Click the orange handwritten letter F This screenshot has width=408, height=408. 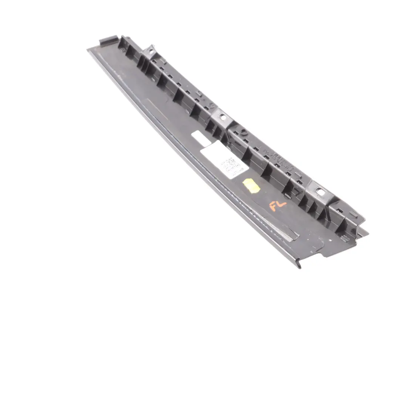273,206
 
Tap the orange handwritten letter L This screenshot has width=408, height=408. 282,204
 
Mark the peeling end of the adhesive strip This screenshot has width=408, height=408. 293,237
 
